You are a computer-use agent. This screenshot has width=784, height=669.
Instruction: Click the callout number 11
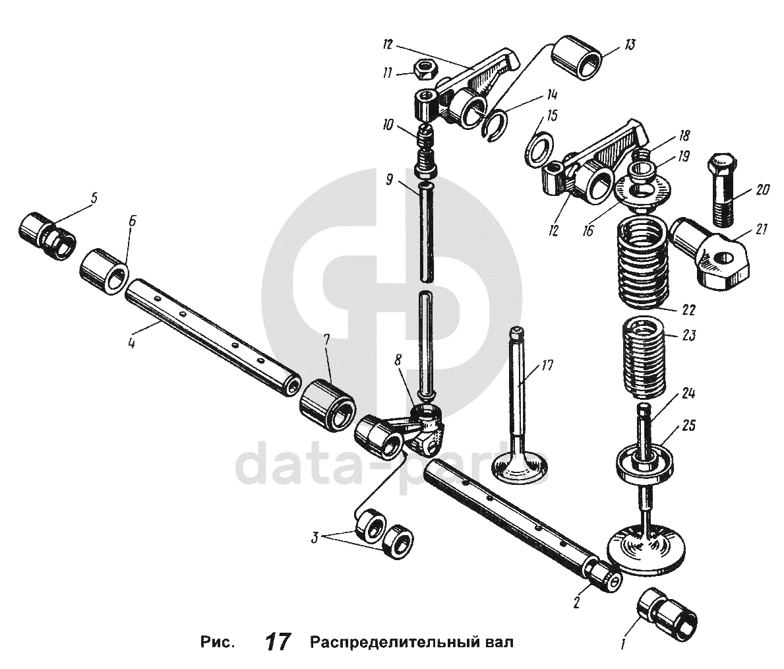[x=388, y=73]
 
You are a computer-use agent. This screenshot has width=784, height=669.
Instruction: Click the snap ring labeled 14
[x=495, y=125]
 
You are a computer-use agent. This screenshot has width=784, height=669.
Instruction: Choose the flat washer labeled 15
[x=539, y=148]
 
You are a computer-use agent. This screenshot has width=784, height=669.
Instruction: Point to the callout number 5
[x=94, y=196]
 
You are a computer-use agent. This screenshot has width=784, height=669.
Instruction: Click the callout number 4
[x=132, y=344]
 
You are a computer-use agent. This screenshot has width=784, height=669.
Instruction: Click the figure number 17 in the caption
[x=278, y=642]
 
